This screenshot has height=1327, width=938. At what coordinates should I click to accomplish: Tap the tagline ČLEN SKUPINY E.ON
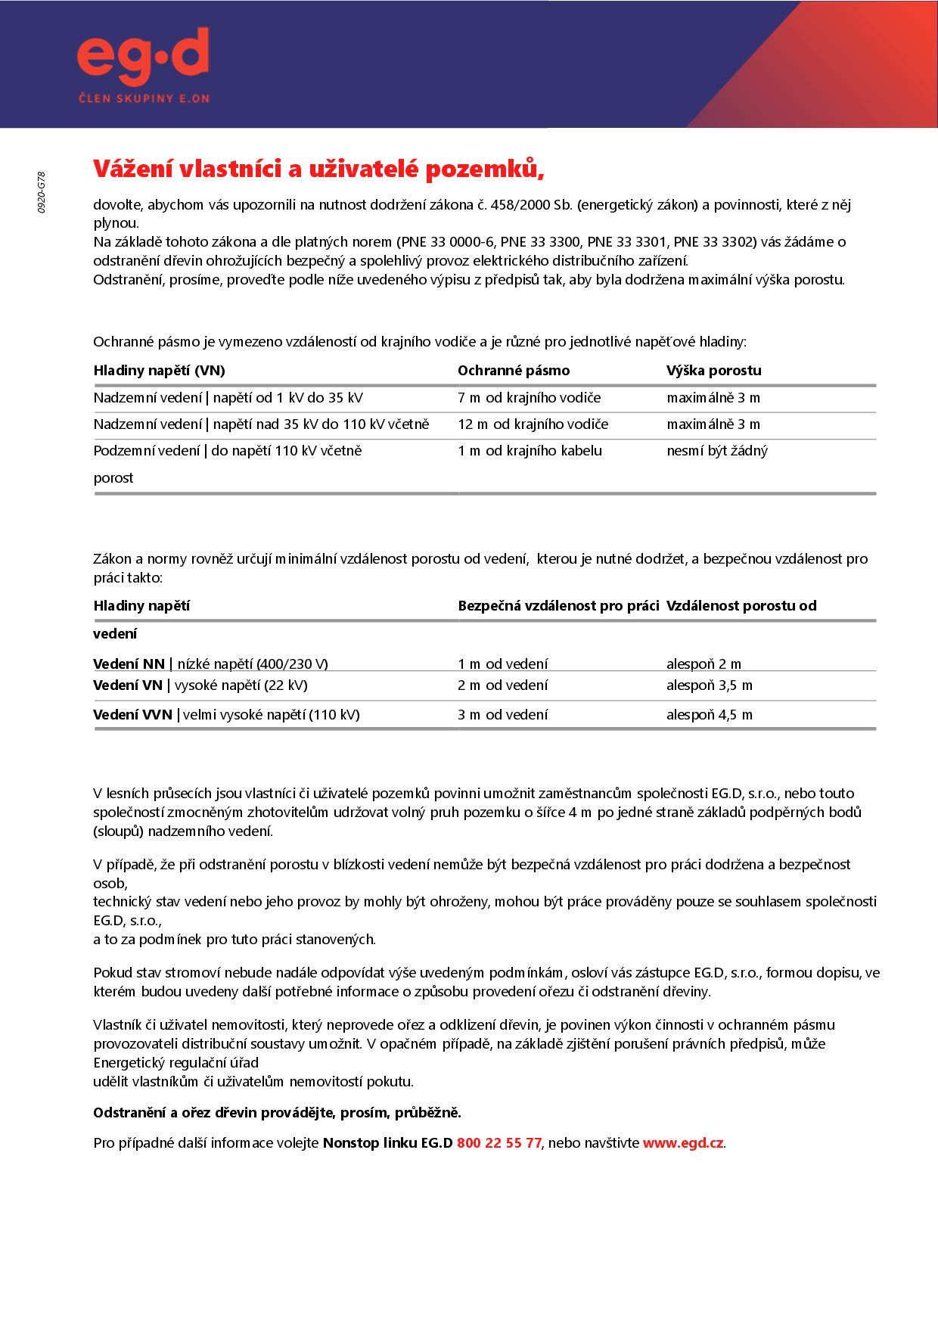point(144,98)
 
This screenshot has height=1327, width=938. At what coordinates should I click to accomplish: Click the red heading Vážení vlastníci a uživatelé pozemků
point(318,169)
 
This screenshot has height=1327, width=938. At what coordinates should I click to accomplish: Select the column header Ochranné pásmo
point(514,371)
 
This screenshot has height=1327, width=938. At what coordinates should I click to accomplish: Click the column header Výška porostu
point(713,371)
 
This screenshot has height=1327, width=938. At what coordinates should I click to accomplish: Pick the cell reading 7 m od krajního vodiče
point(529,398)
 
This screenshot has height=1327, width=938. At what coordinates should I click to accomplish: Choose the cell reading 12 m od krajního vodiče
point(533,424)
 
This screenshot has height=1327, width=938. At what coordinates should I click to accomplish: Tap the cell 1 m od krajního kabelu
point(530,451)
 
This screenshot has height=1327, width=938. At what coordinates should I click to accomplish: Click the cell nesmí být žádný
point(716,451)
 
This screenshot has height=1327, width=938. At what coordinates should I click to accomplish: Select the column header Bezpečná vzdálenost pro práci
point(558,606)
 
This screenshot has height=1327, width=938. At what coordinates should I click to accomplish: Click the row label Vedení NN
point(129,664)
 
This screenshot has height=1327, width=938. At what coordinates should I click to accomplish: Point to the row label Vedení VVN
point(132,715)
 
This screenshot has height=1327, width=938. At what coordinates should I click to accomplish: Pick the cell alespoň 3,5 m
point(709,685)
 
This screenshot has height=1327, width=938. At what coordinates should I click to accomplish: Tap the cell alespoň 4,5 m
point(709,715)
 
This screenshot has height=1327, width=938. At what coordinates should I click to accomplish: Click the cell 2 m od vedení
point(502,685)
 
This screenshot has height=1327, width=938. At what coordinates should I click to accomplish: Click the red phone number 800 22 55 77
point(499,1143)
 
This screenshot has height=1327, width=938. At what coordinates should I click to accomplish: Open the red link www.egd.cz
point(682,1143)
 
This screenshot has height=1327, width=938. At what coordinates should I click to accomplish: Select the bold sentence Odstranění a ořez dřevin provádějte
point(277,1113)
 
